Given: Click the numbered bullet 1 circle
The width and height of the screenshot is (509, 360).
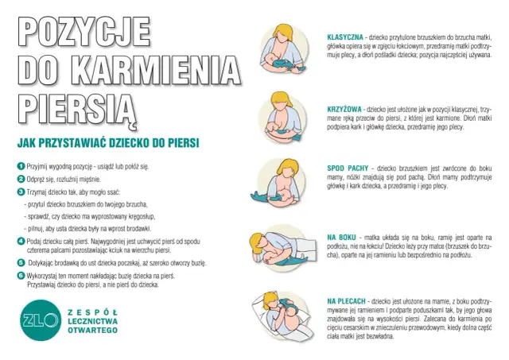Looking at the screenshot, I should coord(21,166).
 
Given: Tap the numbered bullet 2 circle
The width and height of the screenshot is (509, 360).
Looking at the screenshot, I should coord(21,179).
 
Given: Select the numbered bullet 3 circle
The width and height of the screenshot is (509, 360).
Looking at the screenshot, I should coord(21,192).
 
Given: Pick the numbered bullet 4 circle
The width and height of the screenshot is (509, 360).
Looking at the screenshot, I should coord(21,240).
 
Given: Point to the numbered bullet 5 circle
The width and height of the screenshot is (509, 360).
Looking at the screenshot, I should coord(21,261).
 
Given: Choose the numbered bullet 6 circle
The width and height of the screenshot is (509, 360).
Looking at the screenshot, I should coord(21,275).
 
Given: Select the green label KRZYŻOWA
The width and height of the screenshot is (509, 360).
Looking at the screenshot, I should coord(344,106).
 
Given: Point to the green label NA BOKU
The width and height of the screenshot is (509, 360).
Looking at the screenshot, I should coord(340,237).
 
